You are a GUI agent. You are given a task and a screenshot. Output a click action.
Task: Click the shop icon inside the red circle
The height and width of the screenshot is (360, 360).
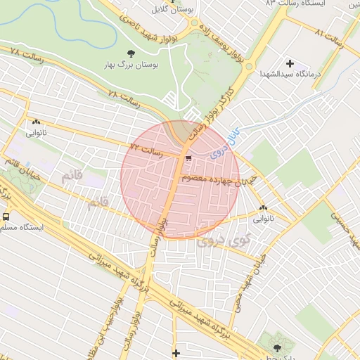click(x=188, y=157)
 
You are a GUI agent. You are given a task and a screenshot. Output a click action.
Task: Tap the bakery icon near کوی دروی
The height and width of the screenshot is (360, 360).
click(x=263, y=207)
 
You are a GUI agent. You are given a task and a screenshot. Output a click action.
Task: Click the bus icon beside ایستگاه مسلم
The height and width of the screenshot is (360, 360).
click(x=6, y=217)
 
